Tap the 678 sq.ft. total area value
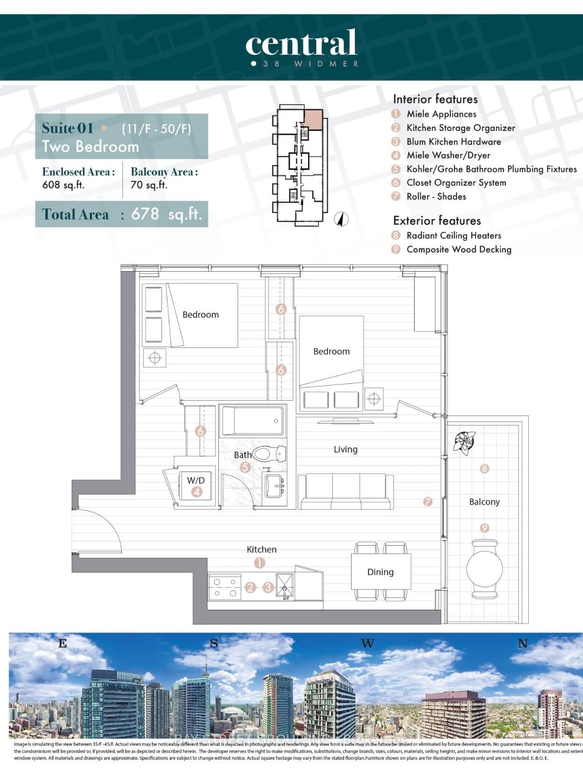[167, 214]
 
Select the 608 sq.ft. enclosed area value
[63, 185]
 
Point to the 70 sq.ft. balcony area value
[149, 185]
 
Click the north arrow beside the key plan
[343, 218]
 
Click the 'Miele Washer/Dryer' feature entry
[448, 155]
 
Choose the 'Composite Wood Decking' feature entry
[458, 249]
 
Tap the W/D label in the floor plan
[196, 480]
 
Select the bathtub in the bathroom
[252, 421]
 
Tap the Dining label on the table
[380, 572]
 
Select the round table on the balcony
[484, 569]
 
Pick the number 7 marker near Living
[427, 502]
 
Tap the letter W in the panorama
[367, 644]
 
